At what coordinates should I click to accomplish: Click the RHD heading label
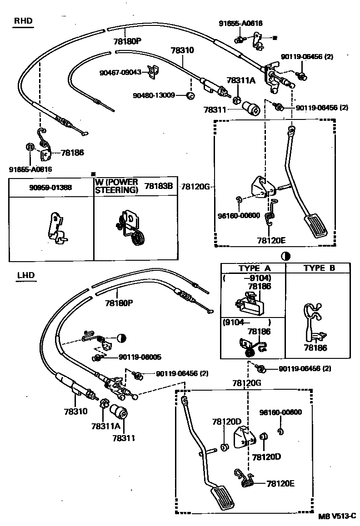tap(23, 20)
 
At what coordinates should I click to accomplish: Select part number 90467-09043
tap(120, 72)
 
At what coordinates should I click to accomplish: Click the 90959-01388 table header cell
tap(51, 187)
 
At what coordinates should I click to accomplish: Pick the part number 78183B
tap(159, 186)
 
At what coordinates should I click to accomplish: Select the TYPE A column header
tap(254, 268)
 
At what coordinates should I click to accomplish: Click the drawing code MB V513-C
tap(337, 516)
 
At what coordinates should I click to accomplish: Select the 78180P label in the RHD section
tap(128, 41)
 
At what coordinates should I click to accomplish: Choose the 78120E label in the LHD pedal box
tap(280, 483)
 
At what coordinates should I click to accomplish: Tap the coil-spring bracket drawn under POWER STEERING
tap(133, 227)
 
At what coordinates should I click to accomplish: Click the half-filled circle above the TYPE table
tap(285, 255)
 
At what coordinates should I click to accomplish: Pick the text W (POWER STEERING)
tap(116, 186)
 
